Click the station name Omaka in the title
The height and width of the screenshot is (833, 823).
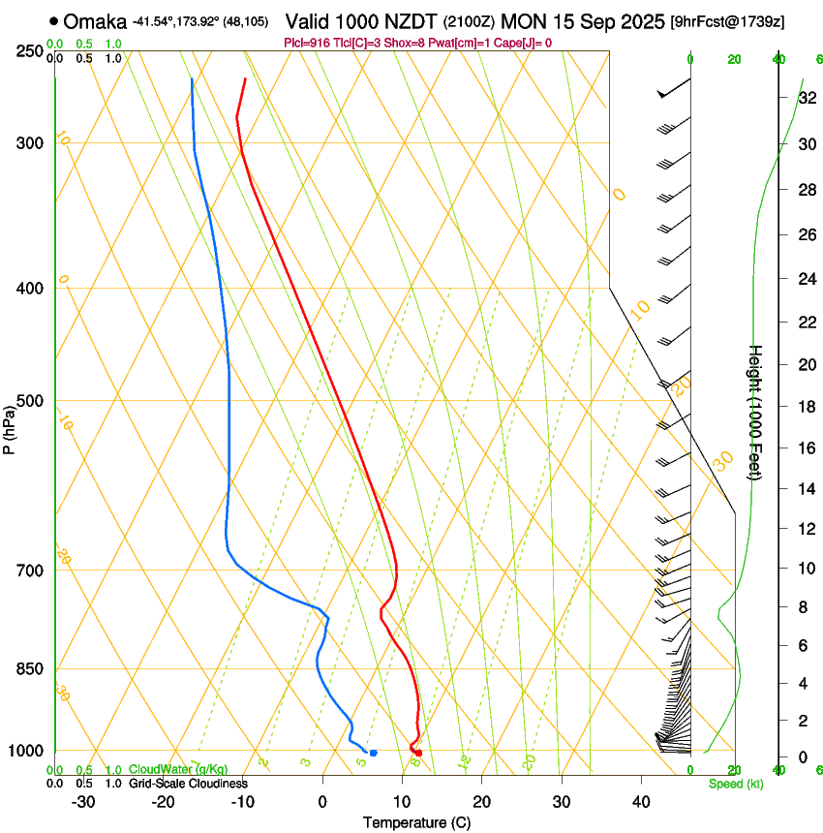click(x=95, y=20)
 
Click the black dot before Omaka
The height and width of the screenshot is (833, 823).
click(x=53, y=20)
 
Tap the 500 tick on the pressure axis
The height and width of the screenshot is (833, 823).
click(x=29, y=401)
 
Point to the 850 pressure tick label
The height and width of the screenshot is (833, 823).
click(x=29, y=669)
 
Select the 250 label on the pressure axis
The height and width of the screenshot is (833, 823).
click(x=29, y=50)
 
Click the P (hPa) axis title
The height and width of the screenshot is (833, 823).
click(x=10, y=427)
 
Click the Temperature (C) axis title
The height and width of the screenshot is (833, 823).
click(x=416, y=823)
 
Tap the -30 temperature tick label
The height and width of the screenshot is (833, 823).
click(x=83, y=802)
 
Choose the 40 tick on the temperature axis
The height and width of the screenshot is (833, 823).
click(x=641, y=802)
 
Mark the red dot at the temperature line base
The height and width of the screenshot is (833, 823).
click(x=418, y=753)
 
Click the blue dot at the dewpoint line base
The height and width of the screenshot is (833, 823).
click(x=373, y=753)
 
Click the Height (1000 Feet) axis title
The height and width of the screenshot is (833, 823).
click(x=756, y=412)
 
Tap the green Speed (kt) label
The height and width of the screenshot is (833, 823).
click(x=736, y=784)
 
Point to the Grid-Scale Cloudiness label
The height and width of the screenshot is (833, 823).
click(x=189, y=784)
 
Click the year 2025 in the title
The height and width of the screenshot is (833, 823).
click(x=638, y=20)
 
